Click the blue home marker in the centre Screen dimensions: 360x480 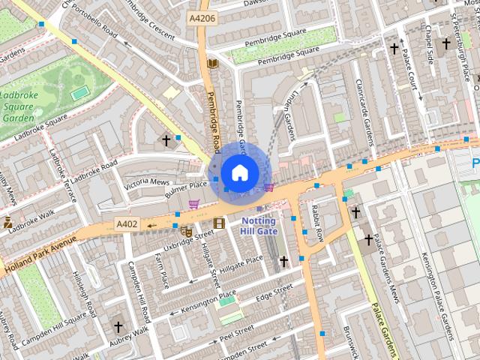(x=239, y=172)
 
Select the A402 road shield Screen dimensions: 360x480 (x=126, y=223)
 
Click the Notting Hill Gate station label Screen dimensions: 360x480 (x=258, y=226)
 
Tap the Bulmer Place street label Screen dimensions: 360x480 (x=187, y=184)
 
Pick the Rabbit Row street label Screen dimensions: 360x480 (x=316, y=223)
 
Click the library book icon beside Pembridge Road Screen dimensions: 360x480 (x=213, y=63)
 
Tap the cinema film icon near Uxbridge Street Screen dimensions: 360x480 (x=219, y=223)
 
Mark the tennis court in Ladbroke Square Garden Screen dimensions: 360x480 (x=79, y=93)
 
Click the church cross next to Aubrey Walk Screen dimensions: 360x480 (x=118, y=327)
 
